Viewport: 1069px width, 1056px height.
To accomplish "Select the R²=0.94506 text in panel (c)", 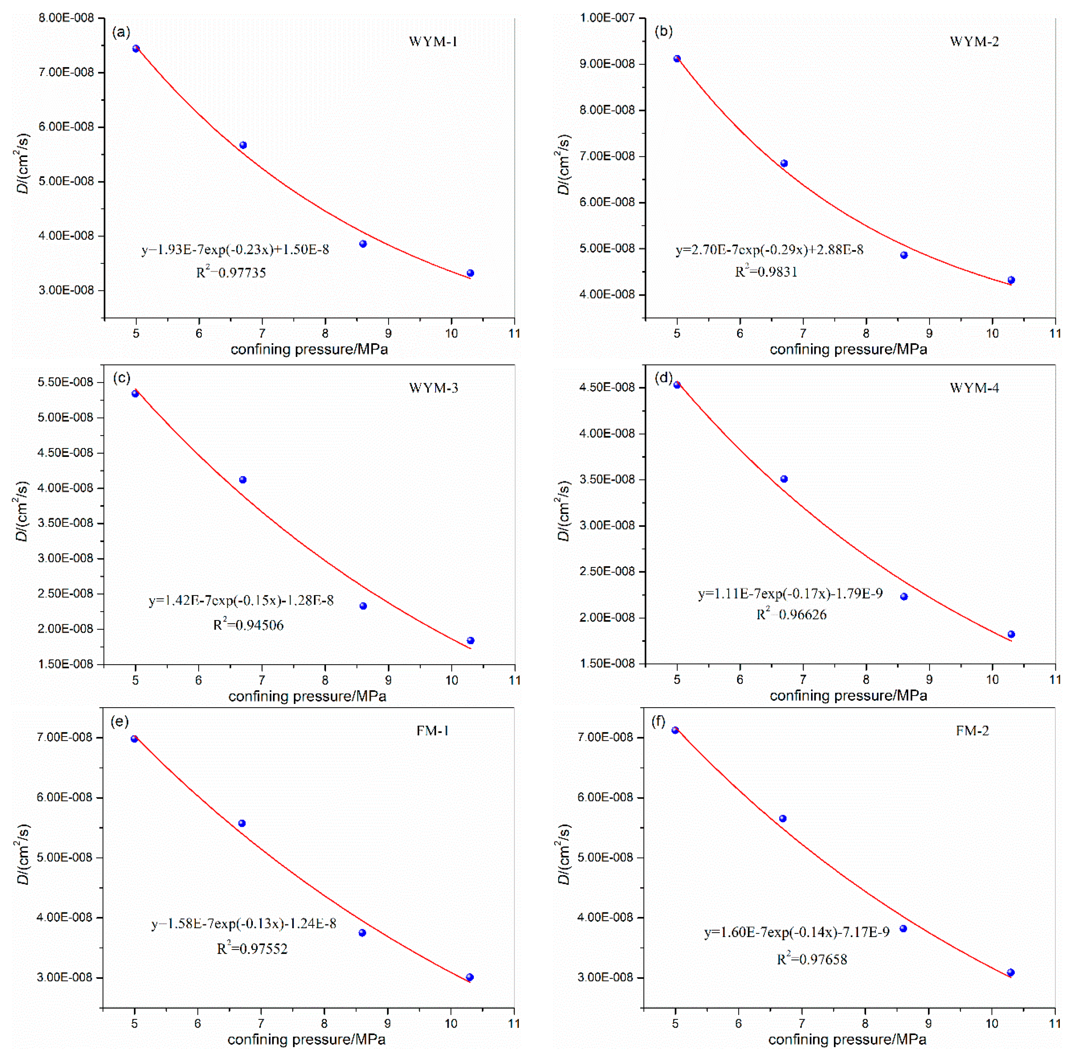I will [249, 625].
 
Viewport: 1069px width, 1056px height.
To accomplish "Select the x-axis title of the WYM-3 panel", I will [307, 696].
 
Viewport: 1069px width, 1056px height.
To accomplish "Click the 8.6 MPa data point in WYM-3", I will [363, 606].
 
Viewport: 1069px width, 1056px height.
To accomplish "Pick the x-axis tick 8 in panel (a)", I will [325, 333].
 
